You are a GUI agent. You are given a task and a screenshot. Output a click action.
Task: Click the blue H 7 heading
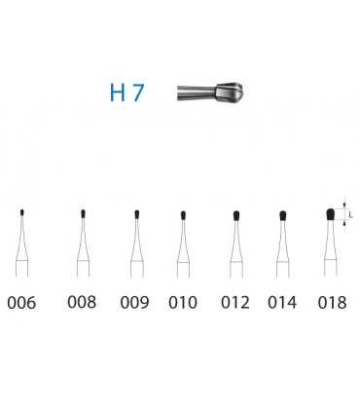click(x=126, y=93)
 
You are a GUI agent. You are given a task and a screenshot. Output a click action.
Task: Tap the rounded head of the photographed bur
click(x=230, y=93)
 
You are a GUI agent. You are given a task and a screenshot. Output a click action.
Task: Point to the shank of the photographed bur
click(x=197, y=93)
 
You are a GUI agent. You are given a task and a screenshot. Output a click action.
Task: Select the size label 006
click(x=21, y=303)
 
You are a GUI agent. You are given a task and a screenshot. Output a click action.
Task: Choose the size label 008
click(x=82, y=302)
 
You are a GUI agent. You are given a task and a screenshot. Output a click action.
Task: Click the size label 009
click(x=134, y=303)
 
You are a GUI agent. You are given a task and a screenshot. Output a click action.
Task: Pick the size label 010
click(x=183, y=303)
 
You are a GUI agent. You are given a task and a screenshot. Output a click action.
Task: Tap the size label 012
click(x=235, y=302)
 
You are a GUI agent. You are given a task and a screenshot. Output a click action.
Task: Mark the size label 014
click(x=282, y=303)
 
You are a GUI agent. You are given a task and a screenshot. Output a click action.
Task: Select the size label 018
click(x=332, y=303)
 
